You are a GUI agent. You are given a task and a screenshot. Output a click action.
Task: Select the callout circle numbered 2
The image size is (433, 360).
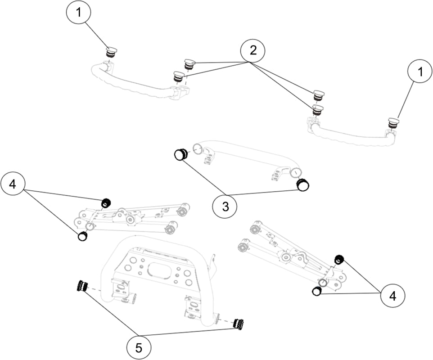tap(253, 51)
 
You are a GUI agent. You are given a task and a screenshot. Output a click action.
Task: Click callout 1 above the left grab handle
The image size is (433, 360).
tap(79, 13)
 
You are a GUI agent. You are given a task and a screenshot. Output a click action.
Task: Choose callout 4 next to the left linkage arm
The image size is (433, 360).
tap(14, 184)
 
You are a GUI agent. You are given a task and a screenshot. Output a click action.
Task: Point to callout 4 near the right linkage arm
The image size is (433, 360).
tap(392, 296)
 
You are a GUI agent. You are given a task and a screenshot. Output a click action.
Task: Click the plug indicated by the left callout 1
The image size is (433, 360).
tap(110, 52)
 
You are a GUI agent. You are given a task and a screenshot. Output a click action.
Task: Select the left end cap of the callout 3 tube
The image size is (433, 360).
tap(180, 154)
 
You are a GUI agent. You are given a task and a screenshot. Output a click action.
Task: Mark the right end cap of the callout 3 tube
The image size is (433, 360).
tap(303, 184)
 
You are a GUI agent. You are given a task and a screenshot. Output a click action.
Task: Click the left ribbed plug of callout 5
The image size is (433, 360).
tap(82, 286)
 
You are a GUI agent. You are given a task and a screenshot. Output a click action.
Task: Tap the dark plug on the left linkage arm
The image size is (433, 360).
tap(106, 202)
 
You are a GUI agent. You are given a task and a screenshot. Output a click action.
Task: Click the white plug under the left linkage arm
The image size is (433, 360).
tap(82, 236)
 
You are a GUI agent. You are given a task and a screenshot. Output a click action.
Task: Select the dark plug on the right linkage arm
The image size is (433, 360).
tap(339, 259)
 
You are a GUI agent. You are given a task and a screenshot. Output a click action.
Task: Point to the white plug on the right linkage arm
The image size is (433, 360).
tap(317, 291)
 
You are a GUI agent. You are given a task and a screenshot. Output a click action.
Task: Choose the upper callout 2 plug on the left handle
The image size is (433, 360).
tap(189, 63)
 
